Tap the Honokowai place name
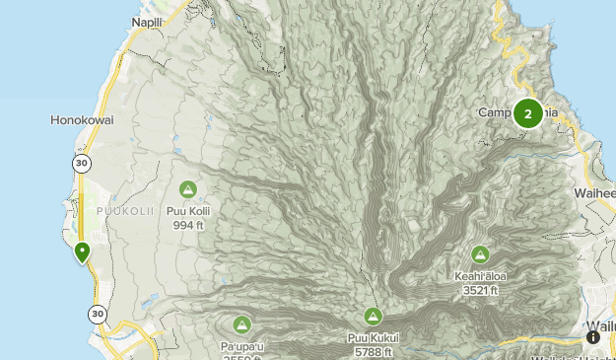tap(82, 120)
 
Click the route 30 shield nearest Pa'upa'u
tap(97, 315)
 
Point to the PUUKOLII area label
tap(123, 211)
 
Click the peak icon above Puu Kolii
tap(187, 189)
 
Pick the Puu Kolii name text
tap(187, 210)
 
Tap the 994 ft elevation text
tap(187, 224)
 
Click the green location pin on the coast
tap(83, 252)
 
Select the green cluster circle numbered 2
tap(528, 114)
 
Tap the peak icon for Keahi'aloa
tap(480, 254)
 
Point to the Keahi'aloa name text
tap(480, 276)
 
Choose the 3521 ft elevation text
tap(480, 290)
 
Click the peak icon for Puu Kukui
tap(373, 317)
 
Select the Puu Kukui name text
tap(373, 338)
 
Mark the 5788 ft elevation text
tap(373, 352)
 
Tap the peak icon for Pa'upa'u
tap(241, 324)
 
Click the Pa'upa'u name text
tap(241, 345)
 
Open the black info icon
tap(593, 337)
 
